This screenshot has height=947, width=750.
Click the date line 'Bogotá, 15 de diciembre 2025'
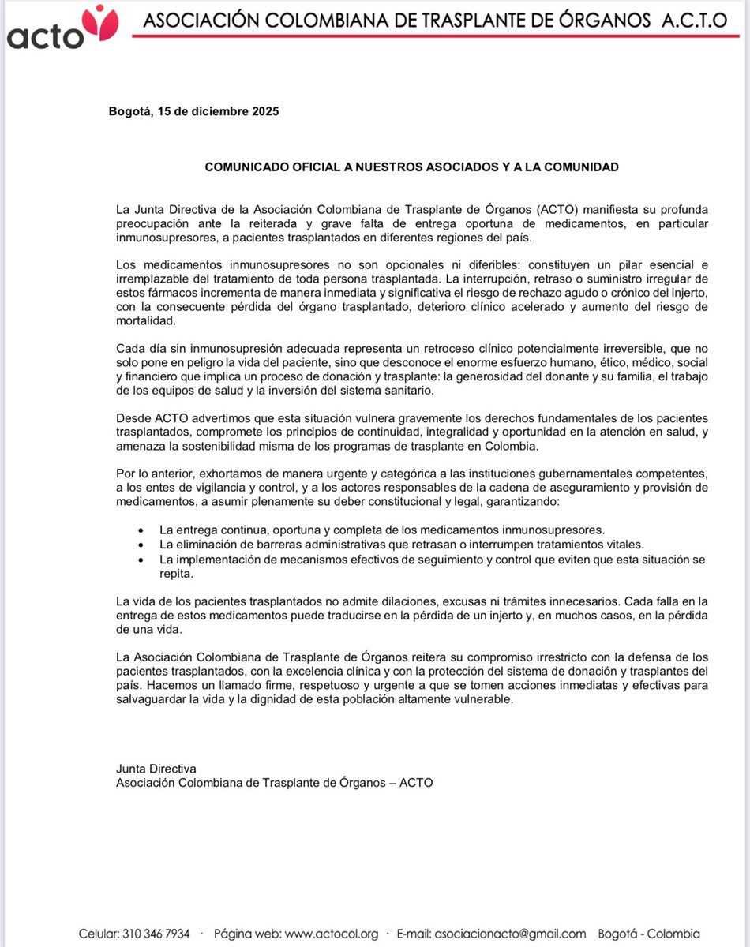tap(193, 111)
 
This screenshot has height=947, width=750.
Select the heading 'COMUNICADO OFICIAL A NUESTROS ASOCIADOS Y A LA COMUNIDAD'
tap(411, 167)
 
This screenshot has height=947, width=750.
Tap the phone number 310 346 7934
tap(156, 934)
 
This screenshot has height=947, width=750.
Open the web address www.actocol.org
tap(332, 934)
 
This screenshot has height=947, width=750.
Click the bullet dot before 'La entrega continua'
tap(141, 530)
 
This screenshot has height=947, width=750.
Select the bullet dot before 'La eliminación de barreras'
tap(141, 545)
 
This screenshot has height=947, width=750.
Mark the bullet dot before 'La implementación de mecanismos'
tap(141, 560)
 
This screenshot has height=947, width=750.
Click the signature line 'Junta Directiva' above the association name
tap(156, 768)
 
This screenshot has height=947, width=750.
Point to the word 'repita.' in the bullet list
tap(176, 575)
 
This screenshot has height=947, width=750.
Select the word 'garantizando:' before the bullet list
tap(531, 502)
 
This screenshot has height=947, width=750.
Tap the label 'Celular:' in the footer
tap(99, 934)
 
